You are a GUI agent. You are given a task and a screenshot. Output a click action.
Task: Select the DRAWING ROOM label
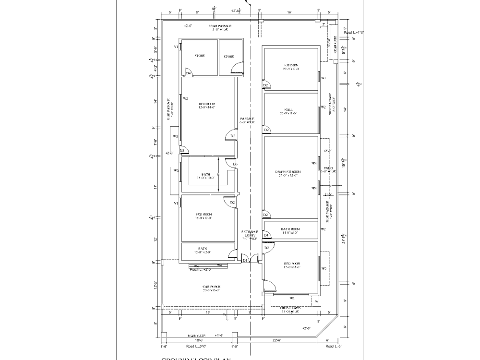pos(288,173)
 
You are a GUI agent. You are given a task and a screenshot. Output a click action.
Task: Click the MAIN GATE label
pos(196,336)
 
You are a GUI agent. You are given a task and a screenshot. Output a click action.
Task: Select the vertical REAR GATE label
pos(335,46)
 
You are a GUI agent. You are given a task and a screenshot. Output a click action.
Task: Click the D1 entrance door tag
pos(245,260)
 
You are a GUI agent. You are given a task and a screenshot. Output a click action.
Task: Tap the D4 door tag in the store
pos(189,73)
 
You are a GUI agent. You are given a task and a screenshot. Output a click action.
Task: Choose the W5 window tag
pos(176,136)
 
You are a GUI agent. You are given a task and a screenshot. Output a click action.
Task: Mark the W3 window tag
pos(176,170)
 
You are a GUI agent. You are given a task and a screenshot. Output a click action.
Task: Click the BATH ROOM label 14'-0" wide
pos(290,231)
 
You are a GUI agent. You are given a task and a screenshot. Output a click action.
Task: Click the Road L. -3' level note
pos(332,346)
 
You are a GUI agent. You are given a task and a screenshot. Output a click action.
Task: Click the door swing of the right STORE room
pos(237,69)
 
